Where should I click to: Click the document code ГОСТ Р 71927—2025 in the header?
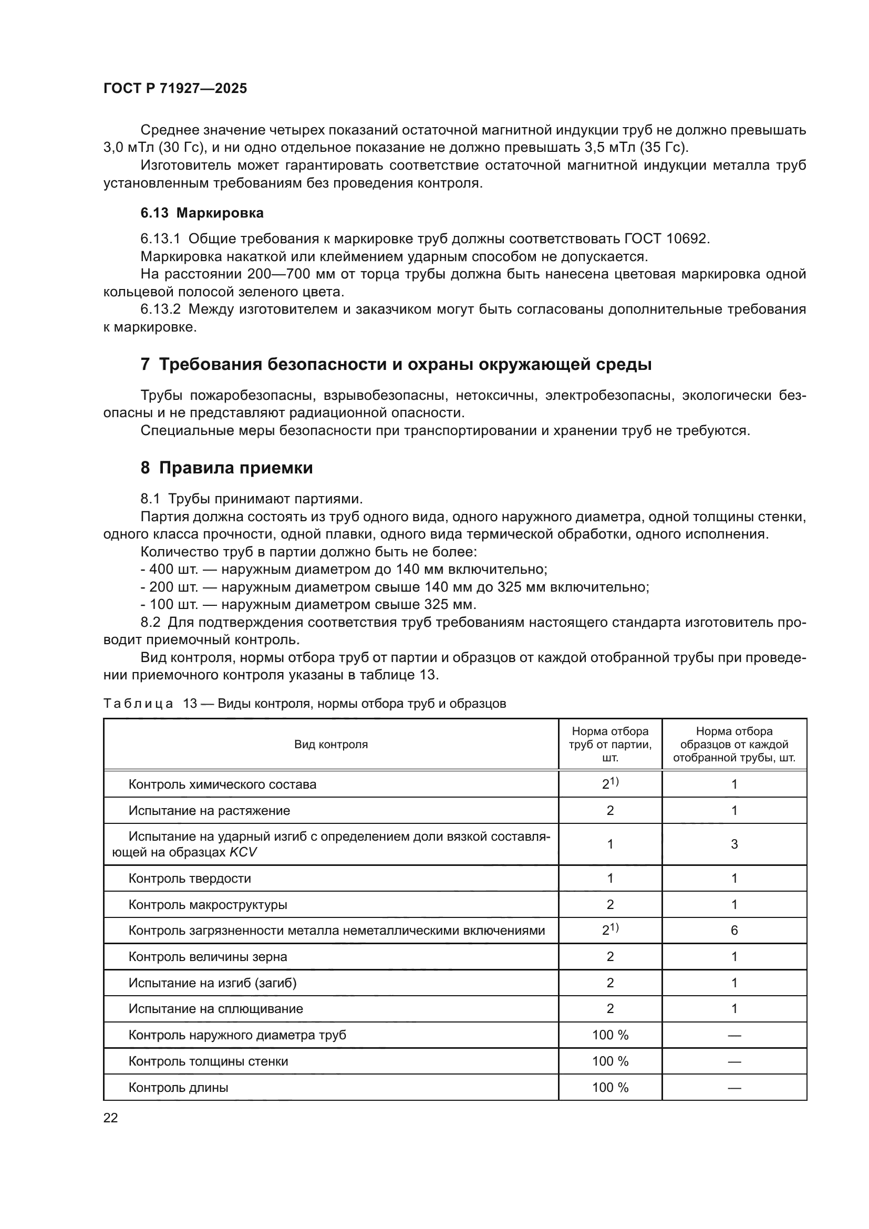pos(175,88)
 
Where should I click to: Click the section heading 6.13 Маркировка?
pos(202,213)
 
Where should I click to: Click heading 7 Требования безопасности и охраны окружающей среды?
pos(396,365)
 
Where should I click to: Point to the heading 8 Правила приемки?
pos(226,468)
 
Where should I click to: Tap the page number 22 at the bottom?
pos(110,1118)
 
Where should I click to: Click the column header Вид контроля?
pos(330,745)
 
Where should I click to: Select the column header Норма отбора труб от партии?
pos(610,744)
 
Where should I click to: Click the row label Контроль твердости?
pos(190,879)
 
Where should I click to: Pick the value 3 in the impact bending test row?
pos(734,844)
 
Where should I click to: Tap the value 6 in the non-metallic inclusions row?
pos(734,931)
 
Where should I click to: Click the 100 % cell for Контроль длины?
pos(610,1087)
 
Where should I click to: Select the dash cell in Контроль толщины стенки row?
pos(734,1061)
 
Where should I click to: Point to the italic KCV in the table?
pos(243,852)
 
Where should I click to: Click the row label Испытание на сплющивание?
pos(215,1008)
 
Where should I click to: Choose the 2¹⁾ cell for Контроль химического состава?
pos(610,784)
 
